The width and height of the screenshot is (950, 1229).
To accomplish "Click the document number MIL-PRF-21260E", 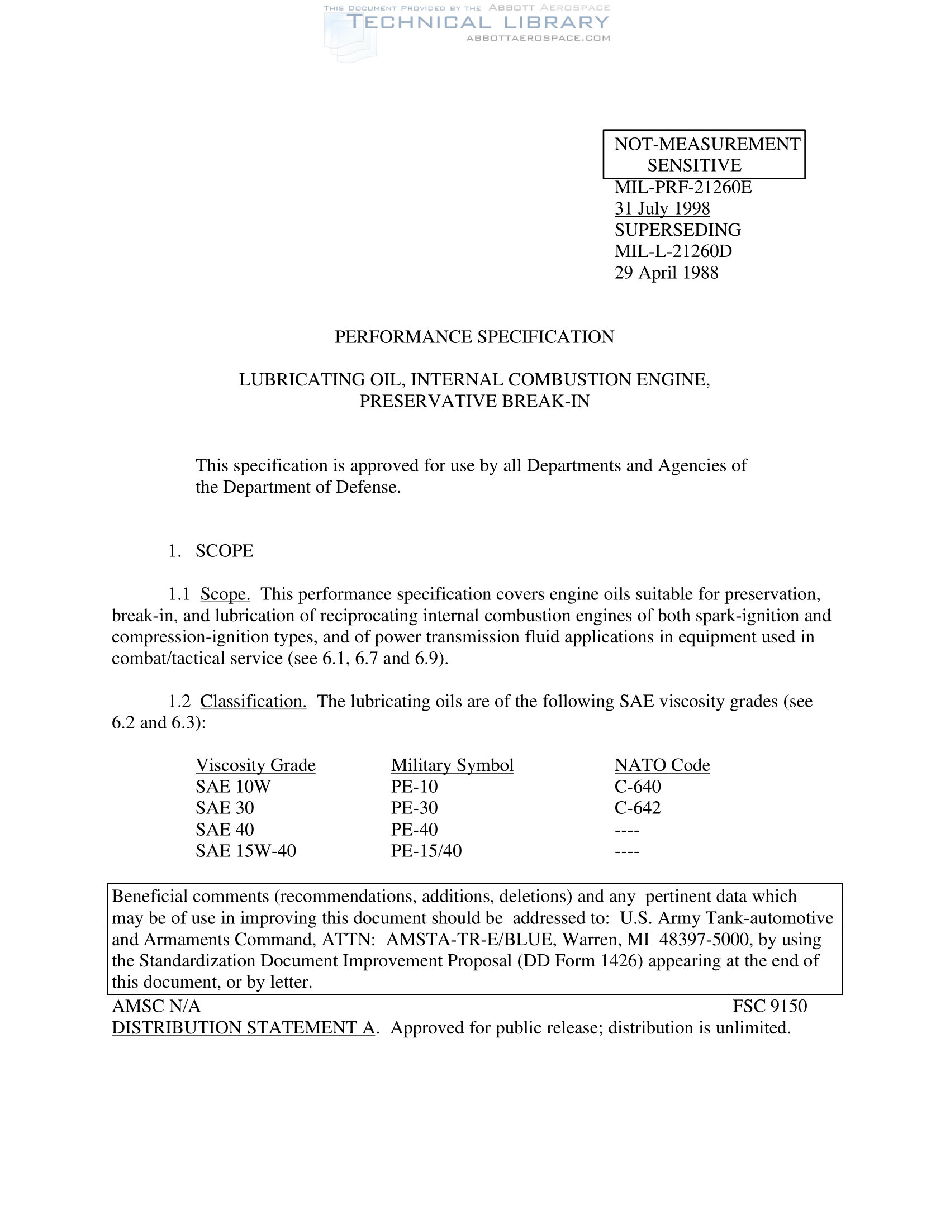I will pyautogui.click(x=683, y=187).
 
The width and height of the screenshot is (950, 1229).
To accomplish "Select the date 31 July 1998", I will pyautogui.click(x=662, y=209).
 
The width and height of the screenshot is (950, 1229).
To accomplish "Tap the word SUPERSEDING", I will pyautogui.click(x=678, y=230).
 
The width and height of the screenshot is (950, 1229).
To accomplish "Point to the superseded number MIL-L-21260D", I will pyautogui.click(x=673, y=251).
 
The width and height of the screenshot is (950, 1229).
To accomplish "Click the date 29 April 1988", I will pyautogui.click(x=666, y=273).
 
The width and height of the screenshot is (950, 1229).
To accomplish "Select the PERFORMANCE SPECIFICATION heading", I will pyautogui.click(x=474, y=337).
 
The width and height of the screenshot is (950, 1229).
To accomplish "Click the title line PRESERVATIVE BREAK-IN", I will pyautogui.click(x=474, y=401).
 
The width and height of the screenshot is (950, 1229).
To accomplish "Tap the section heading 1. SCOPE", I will pyautogui.click(x=211, y=551).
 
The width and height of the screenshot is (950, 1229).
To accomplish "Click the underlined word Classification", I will pyautogui.click(x=253, y=702).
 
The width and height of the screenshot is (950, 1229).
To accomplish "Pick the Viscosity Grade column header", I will pyautogui.click(x=255, y=765).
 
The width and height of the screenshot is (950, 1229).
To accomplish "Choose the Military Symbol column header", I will pyautogui.click(x=452, y=765).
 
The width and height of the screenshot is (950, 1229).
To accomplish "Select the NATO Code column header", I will pyautogui.click(x=662, y=765).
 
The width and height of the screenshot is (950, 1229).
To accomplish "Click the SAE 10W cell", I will pyautogui.click(x=233, y=787).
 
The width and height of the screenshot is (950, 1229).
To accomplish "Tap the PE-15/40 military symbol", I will pyautogui.click(x=426, y=851).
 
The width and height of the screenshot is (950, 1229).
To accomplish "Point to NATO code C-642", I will pyautogui.click(x=637, y=808).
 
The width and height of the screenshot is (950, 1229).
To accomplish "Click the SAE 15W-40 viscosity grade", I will pyautogui.click(x=245, y=851).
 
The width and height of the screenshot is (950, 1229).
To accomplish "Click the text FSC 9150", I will pyautogui.click(x=769, y=1006).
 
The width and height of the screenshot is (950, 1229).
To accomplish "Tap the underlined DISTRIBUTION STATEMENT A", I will pyautogui.click(x=243, y=1028).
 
